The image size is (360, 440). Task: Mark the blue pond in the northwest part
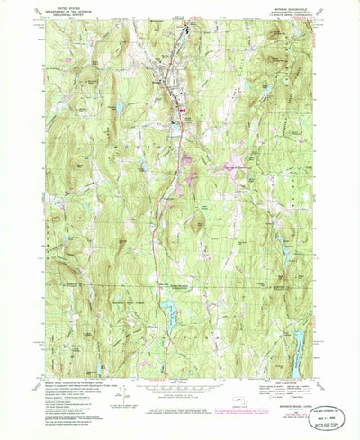click(x=119, y=107)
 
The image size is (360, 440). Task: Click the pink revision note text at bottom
click(x=180, y=413)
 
